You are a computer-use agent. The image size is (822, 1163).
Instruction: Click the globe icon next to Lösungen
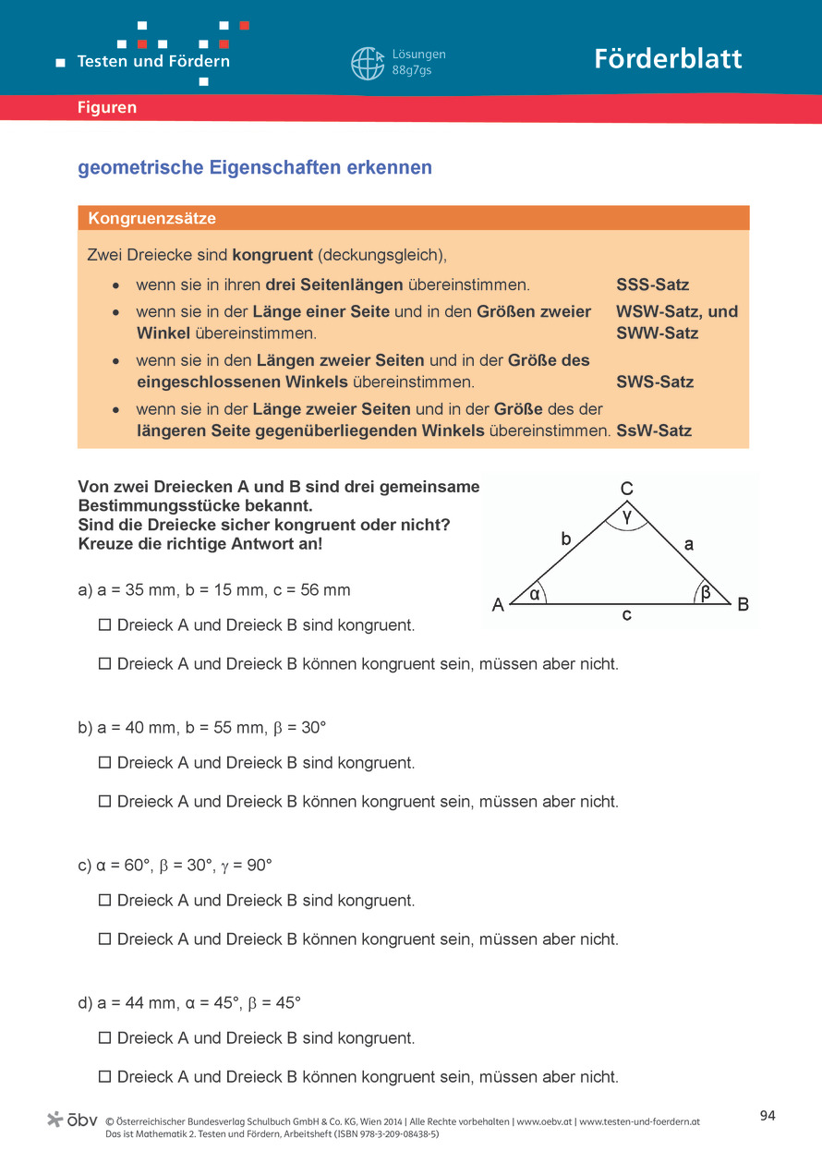(x=367, y=63)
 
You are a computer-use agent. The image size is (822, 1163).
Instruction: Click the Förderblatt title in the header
(x=668, y=59)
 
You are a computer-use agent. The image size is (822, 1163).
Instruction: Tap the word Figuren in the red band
(x=107, y=108)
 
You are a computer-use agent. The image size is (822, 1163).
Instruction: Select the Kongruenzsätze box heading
(x=152, y=219)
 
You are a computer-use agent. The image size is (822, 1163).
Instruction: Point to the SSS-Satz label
(x=652, y=285)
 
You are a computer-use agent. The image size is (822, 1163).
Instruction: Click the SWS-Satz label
(x=655, y=382)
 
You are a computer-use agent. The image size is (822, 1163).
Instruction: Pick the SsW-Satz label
(x=654, y=430)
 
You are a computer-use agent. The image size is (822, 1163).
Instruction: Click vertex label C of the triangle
(x=626, y=489)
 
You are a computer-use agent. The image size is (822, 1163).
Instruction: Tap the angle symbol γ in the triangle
(x=627, y=517)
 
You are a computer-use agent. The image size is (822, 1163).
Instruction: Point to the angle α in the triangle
(x=534, y=594)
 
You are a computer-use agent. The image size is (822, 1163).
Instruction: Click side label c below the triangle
(x=626, y=614)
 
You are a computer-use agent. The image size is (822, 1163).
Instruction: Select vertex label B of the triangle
(x=743, y=605)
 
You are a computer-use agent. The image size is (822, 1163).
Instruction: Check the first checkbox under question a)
(x=105, y=625)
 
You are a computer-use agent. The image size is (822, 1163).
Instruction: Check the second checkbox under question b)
(x=105, y=802)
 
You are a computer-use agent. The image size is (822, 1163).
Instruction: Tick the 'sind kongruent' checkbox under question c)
(x=105, y=901)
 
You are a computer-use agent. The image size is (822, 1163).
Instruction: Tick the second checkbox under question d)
(x=105, y=1077)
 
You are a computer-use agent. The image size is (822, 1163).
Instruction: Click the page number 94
(x=768, y=1116)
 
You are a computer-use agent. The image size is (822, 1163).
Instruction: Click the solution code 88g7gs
(x=412, y=70)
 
